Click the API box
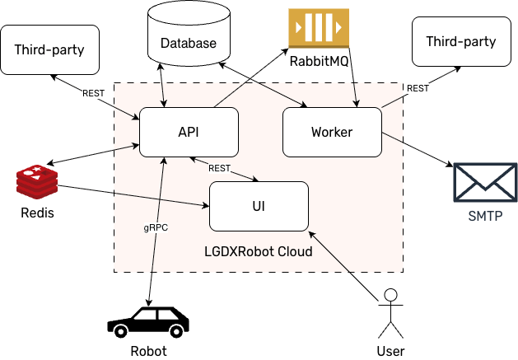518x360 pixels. pyautogui.click(x=189, y=132)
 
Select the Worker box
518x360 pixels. pyautogui.click(x=331, y=132)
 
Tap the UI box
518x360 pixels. pyautogui.click(x=259, y=206)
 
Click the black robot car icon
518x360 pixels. pyautogui.click(x=148, y=321)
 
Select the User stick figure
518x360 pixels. pyautogui.click(x=390, y=313)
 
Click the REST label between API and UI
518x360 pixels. pyautogui.click(x=220, y=168)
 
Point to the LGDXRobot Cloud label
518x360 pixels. pyautogui.click(x=258, y=250)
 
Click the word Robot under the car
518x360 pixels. pyautogui.click(x=148, y=351)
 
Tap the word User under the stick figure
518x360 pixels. pyautogui.click(x=390, y=351)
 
